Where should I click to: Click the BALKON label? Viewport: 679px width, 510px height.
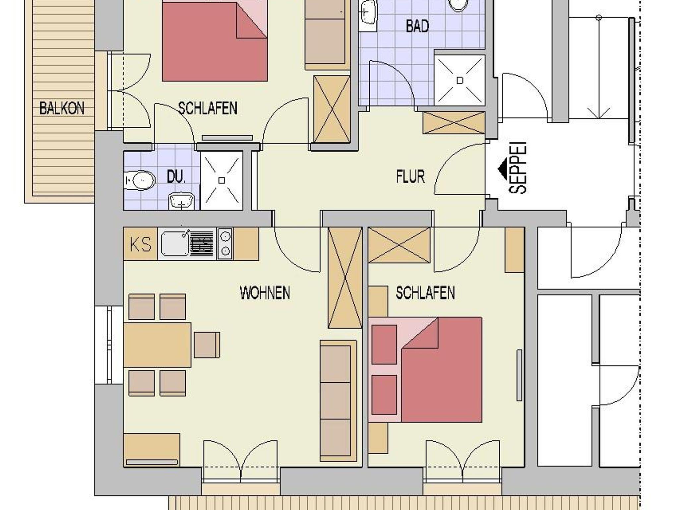(x=62, y=108)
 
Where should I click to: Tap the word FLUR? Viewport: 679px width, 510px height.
(x=410, y=176)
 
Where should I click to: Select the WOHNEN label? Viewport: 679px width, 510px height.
(x=265, y=293)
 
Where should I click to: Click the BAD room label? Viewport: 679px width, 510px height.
(x=417, y=26)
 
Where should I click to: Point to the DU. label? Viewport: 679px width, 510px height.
(x=176, y=177)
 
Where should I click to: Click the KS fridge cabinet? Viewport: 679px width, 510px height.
(x=141, y=244)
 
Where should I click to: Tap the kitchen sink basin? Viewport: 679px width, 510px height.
(x=175, y=244)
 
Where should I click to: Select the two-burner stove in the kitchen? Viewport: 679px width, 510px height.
(x=225, y=244)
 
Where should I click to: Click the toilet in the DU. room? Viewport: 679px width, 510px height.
(x=140, y=180)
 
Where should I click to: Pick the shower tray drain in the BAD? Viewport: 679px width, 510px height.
(x=460, y=80)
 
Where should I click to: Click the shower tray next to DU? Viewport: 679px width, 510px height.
(x=222, y=180)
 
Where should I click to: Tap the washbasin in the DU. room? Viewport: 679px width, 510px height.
(x=181, y=202)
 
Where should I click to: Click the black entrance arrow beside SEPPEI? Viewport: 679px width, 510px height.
(x=503, y=169)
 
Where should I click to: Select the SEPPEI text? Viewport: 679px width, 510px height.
(x=518, y=168)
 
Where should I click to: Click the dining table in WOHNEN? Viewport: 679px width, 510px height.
(x=157, y=345)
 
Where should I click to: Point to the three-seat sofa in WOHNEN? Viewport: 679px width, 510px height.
(x=338, y=401)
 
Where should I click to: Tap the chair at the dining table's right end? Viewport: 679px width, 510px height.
(x=207, y=345)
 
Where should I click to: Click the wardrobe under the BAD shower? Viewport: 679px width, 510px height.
(x=454, y=123)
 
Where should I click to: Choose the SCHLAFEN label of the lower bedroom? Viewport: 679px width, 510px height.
(x=425, y=293)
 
